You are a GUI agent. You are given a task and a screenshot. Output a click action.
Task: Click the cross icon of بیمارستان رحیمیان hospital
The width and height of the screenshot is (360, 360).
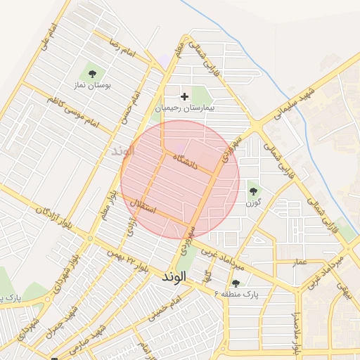185,96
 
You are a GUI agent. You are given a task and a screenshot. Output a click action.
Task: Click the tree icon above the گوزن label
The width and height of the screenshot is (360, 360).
252,189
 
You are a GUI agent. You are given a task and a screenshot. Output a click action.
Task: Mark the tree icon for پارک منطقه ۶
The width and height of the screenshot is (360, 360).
235,283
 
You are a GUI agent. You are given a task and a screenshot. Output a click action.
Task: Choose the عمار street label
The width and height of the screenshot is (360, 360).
300,262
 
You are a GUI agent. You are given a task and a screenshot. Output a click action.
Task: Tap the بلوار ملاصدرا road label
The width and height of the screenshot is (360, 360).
296,330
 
